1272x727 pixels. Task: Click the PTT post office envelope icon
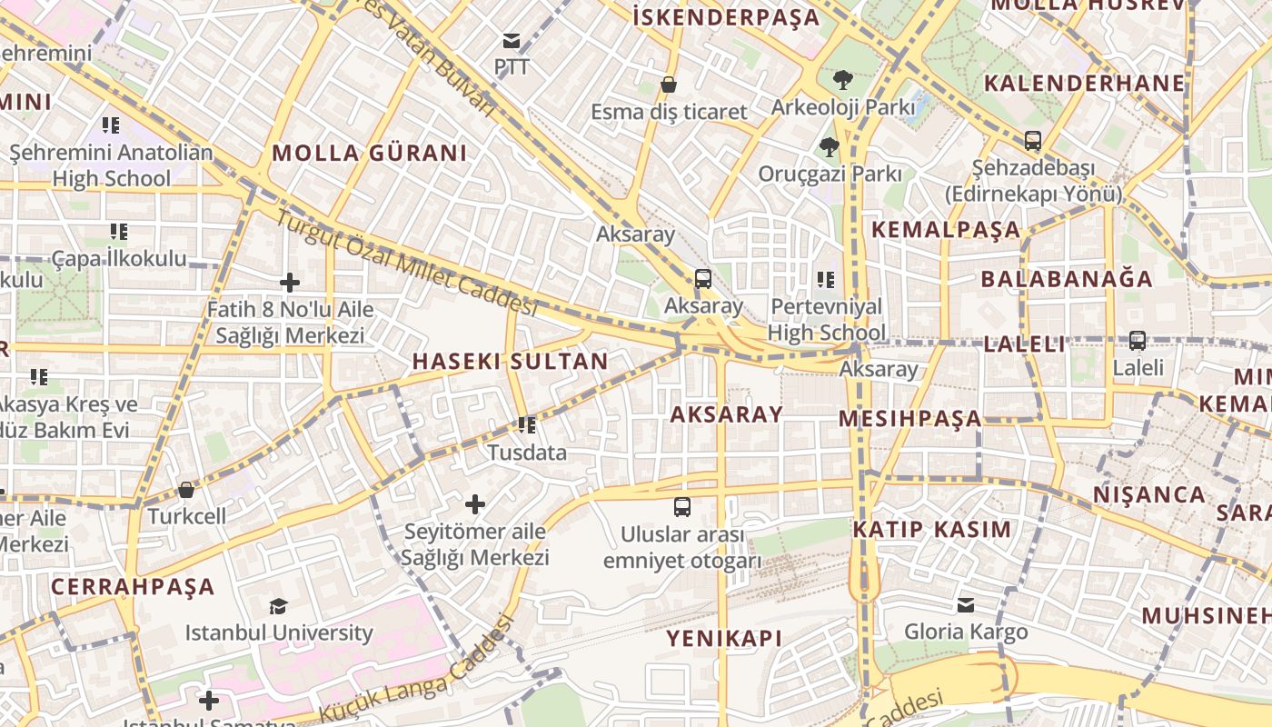[x=511, y=40]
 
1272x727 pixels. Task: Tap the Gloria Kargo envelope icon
[x=966, y=604]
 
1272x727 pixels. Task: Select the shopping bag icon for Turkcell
[x=186, y=490]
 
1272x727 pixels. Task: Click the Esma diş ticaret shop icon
[x=669, y=85]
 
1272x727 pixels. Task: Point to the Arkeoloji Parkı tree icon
[x=842, y=80]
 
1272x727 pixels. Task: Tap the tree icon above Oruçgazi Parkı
[x=829, y=146]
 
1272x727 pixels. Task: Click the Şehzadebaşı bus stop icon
[x=1033, y=141]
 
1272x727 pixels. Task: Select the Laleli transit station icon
[x=1138, y=341]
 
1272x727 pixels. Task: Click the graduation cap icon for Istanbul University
[x=278, y=606]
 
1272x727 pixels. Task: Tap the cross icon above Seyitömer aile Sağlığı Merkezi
[x=474, y=503]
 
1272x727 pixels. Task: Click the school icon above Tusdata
[x=526, y=424]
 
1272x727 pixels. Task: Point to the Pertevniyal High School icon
[x=825, y=279]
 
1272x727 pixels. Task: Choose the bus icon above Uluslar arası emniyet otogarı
[x=681, y=506]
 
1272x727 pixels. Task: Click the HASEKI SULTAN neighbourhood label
[x=510, y=361]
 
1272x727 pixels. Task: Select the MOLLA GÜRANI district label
[x=369, y=153]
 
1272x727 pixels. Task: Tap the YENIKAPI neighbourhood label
[x=723, y=638]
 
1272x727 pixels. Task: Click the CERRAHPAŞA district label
[x=133, y=586]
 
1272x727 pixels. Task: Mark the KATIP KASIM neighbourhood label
[x=931, y=529]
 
